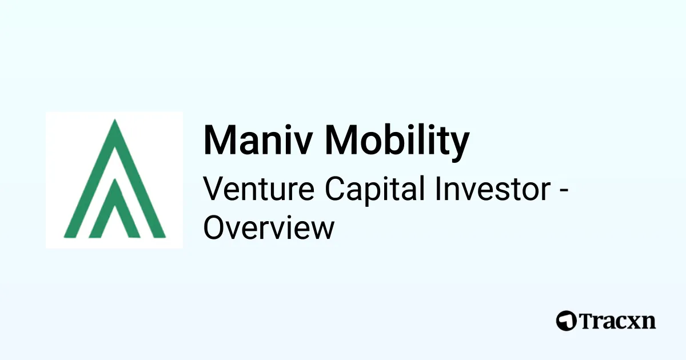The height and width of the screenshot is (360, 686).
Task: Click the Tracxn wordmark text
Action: point(617,321)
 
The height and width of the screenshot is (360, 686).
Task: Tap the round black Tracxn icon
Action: point(566,321)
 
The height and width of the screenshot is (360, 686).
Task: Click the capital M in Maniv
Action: point(218,140)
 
